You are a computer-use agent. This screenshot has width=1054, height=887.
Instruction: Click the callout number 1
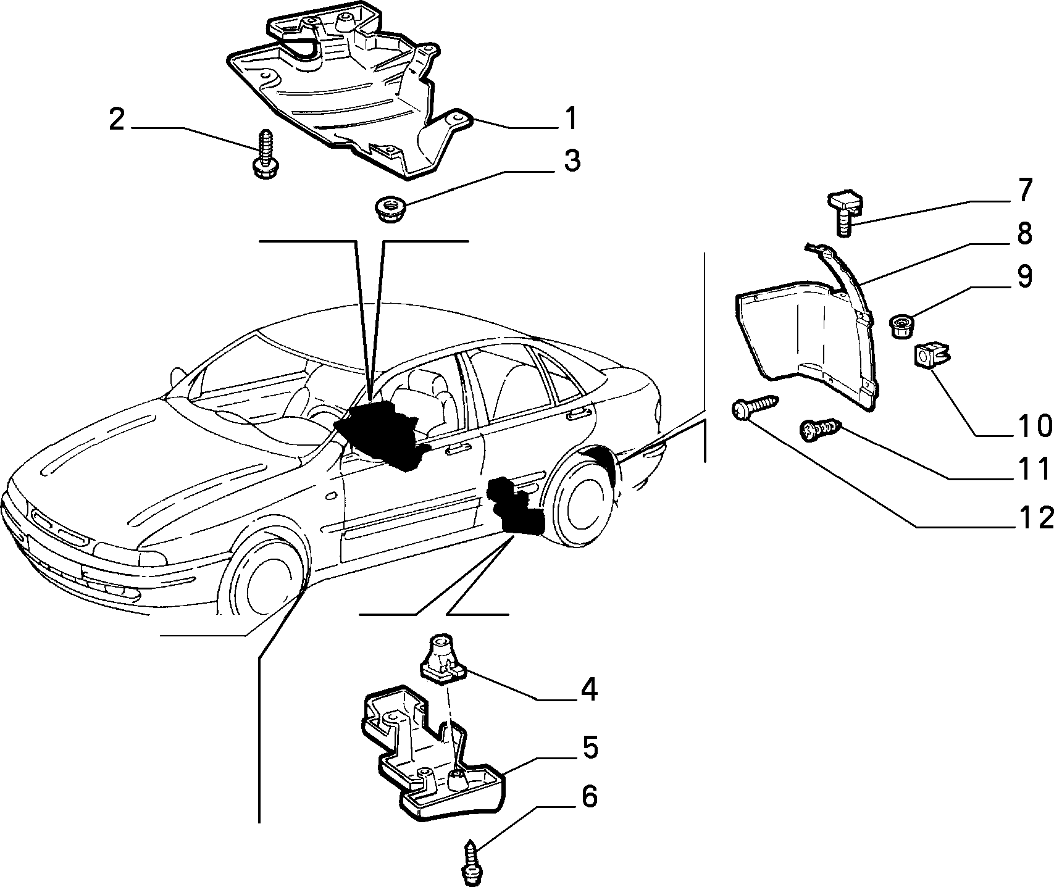[x=571, y=119]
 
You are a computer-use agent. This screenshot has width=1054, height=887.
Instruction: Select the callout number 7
[x=1024, y=192]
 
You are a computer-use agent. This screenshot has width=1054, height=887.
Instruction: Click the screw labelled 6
[x=472, y=856]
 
